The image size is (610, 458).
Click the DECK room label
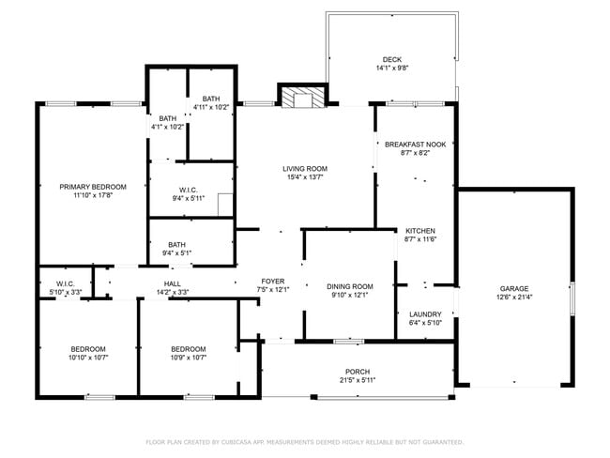point(391,58)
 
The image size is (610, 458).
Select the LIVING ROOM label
point(305,169)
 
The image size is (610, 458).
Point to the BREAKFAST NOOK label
point(415,145)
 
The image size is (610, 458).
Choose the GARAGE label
point(513,288)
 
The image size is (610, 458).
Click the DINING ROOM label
point(350,286)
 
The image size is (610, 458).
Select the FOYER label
point(272,281)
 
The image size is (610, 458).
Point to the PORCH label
point(358,370)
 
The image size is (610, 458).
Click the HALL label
point(173,283)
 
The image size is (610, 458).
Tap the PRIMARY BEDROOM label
point(92,187)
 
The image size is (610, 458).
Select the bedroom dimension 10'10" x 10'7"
point(87,357)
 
